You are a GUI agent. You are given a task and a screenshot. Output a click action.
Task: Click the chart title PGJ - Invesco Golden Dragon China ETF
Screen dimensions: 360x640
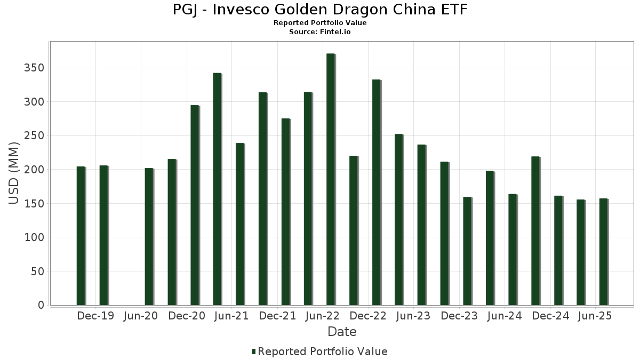point(320,10)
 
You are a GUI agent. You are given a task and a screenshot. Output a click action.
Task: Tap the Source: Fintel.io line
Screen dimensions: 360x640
point(320,32)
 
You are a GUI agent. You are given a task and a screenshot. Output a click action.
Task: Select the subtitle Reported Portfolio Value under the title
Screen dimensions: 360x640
point(320,23)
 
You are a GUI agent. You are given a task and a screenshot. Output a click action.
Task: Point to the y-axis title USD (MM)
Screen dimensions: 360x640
point(14,173)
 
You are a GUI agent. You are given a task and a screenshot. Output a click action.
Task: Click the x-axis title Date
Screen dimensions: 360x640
point(342,332)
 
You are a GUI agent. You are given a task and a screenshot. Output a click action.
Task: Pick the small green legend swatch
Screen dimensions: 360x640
point(254,351)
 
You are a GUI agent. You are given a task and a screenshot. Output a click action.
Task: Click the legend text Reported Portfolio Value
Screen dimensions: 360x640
point(323,351)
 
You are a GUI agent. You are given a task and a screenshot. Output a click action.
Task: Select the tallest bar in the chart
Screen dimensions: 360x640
point(331,179)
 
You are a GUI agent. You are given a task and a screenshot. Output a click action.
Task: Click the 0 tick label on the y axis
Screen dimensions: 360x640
point(41,305)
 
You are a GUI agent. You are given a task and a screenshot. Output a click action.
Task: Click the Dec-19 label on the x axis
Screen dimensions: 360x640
point(95,316)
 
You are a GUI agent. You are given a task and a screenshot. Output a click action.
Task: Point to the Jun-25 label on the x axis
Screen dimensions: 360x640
point(595,316)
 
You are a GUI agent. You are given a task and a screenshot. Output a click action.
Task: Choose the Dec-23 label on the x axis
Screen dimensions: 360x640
point(460,316)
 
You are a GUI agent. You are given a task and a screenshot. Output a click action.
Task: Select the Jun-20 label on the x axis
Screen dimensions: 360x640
point(140,316)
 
